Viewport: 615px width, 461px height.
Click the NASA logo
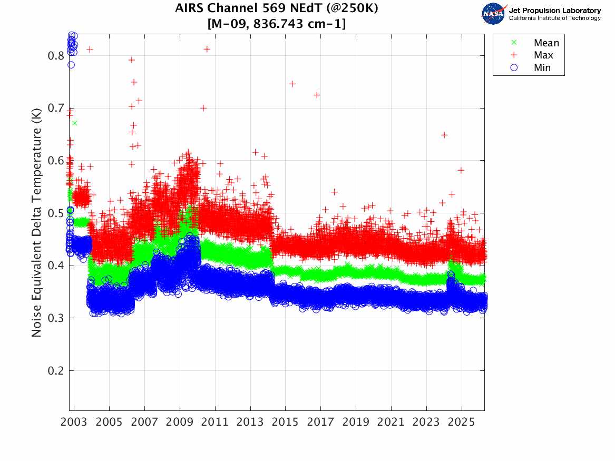494,14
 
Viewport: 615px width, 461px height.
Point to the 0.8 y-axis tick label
56,56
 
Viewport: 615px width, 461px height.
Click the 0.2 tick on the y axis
56,370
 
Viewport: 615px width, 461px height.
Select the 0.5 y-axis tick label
56,213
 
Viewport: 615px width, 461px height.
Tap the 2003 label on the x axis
74,422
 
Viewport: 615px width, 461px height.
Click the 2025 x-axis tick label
462,422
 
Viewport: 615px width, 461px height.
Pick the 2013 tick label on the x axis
250,422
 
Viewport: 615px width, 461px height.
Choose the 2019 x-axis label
356,422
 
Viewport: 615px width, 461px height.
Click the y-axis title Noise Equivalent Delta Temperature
36,223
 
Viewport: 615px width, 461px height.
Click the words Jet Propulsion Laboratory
555,11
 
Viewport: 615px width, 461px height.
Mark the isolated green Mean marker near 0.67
74,123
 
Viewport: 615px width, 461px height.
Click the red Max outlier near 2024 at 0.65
444,135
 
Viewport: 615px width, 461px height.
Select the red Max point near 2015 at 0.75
292,84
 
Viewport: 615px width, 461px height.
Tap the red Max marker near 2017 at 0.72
317,95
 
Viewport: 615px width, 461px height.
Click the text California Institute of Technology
555,18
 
